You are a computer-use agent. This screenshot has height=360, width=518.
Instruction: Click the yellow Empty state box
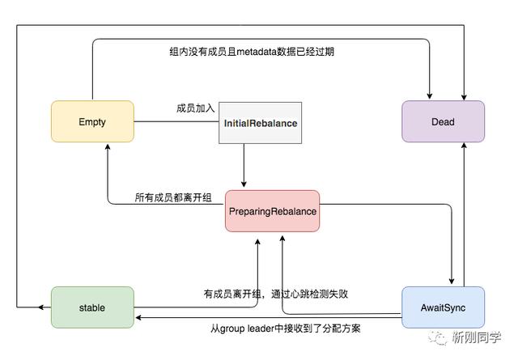(92, 122)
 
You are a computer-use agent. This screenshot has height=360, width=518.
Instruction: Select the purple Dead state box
(443, 122)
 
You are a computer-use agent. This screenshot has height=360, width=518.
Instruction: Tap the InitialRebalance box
(260, 123)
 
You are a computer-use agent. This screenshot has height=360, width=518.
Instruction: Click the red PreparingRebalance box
(272, 211)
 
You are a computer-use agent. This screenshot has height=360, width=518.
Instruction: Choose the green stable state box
(92, 307)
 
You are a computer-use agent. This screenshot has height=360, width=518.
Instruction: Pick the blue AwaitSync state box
(443, 307)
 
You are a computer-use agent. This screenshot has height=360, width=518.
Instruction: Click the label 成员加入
(196, 108)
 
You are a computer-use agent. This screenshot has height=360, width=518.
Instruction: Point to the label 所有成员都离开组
(173, 197)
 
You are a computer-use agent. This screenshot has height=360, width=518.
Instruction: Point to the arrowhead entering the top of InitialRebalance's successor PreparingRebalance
(244, 185)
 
